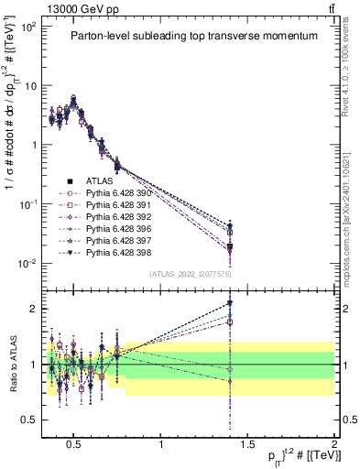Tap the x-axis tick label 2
click(x=334, y=443)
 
